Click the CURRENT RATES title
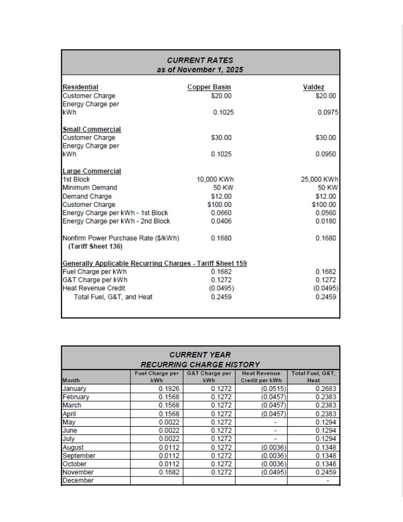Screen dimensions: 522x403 pyautogui.click(x=200, y=60)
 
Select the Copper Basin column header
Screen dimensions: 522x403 pyautogui.click(x=209, y=87)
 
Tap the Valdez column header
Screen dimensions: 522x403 pyautogui.click(x=313, y=87)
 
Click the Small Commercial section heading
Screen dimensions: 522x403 pyautogui.click(x=92, y=129)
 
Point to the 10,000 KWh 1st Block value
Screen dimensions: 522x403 pyautogui.click(x=215, y=179)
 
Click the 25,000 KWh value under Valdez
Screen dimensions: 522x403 pyautogui.click(x=320, y=179)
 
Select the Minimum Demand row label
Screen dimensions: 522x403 pyautogui.click(x=90, y=188)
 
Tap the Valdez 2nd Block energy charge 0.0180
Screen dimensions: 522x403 pyautogui.click(x=326, y=221)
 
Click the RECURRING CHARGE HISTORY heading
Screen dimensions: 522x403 pyautogui.click(x=200, y=364)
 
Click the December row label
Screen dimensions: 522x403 pyautogui.click(x=78, y=480)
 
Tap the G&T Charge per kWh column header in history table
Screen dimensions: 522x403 pyautogui.click(x=209, y=377)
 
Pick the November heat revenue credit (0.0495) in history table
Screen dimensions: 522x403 pyautogui.click(x=274, y=472)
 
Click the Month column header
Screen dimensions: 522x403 pyautogui.click(x=71, y=380)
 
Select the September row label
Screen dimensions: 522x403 pyautogui.click(x=79, y=456)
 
